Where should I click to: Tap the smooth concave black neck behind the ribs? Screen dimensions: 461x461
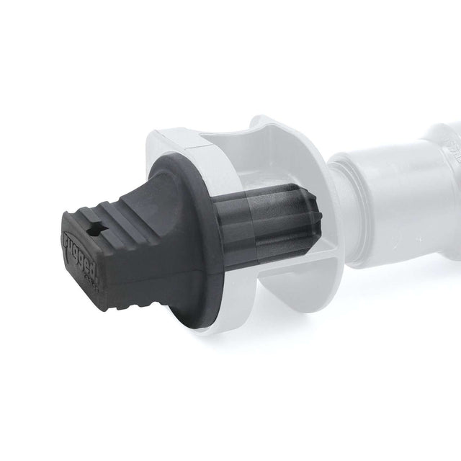(155, 216)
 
